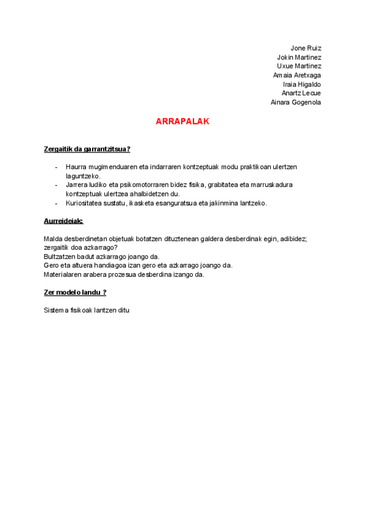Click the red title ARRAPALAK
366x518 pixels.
pyautogui.click(x=182, y=122)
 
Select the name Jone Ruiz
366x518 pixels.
pyautogui.click(x=306, y=48)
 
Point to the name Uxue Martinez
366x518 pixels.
pyautogui.click(x=299, y=66)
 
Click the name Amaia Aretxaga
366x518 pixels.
pyautogui.click(x=297, y=75)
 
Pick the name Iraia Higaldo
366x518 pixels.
pyautogui.click(x=302, y=84)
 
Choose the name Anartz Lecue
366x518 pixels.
pyautogui.click(x=301, y=93)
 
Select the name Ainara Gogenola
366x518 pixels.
pyautogui.click(x=296, y=102)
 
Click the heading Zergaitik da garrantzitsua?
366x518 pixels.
pyautogui.click(x=87, y=149)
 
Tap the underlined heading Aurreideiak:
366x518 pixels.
pyautogui.click(x=63, y=221)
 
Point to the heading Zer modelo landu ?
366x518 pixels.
pyautogui.click(x=75, y=293)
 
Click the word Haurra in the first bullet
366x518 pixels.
pyautogui.click(x=76, y=167)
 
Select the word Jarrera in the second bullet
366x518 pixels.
pyautogui.click(x=76, y=184)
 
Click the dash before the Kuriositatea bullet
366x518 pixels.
pyautogui.click(x=56, y=203)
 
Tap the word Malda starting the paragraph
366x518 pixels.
pyautogui.click(x=52, y=239)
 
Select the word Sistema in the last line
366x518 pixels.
pyautogui.click(x=56, y=310)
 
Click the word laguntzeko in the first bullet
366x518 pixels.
pyautogui.click(x=82, y=175)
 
